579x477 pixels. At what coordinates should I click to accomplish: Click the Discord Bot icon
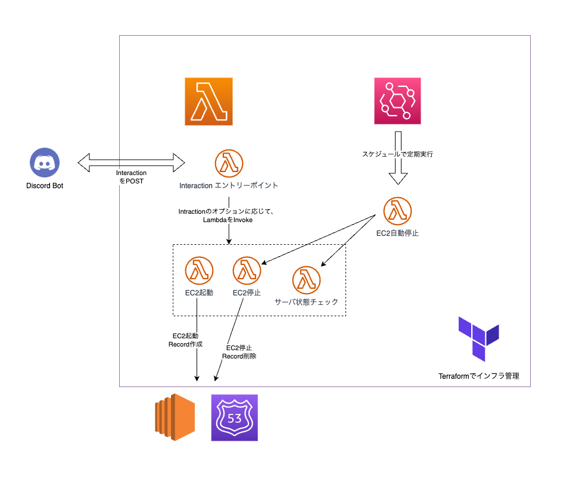point(45,163)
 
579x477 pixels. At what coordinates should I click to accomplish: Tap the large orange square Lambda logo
point(208,101)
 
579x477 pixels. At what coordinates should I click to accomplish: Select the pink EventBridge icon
point(397,101)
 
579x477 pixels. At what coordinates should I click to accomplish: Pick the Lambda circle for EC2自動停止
point(398,211)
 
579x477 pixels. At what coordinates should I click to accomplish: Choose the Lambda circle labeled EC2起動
point(199,271)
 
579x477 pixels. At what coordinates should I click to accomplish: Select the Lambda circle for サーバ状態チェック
point(306,280)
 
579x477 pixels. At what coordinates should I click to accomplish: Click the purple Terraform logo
point(478,339)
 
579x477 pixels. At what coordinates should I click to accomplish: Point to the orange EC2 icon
point(175,417)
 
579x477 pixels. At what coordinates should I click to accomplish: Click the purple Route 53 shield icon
point(235,417)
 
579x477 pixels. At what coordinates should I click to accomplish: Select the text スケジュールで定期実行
point(397,154)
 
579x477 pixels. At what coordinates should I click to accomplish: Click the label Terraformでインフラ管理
point(479,376)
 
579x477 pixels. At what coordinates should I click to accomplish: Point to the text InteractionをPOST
point(131,176)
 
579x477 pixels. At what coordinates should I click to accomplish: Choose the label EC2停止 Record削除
point(239,352)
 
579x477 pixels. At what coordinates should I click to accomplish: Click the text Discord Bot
point(45,186)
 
